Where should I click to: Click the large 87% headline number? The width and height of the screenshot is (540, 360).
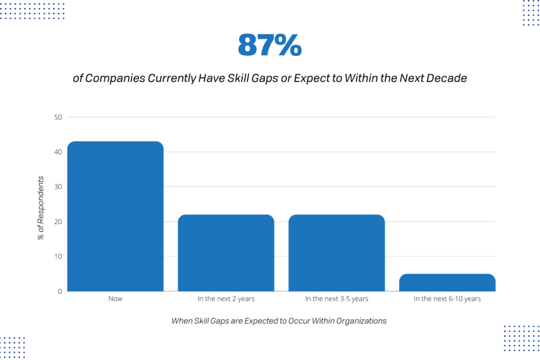click(x=269, y=45)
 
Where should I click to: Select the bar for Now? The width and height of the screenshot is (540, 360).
click(x=115, y=216)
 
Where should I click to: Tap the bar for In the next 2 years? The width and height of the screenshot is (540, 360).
click(x=226, y=253)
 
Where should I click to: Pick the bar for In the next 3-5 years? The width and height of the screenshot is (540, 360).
click(x=336, y=253)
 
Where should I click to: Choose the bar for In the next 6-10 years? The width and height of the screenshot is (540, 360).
click(x=447, y=283)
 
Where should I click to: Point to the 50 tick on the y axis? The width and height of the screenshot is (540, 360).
click(x=58, y=117)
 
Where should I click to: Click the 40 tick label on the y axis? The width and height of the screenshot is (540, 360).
click(x=58, y=152)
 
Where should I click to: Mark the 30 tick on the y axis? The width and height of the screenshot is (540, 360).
click(x=58, y=187)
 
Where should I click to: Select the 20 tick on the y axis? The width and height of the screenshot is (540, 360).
click(x=58, y=221)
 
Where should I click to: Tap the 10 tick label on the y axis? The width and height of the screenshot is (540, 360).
click(x=58, y=257)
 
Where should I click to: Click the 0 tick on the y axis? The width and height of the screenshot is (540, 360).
click(x=60, y=291)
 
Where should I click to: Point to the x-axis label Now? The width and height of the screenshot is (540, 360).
click(x=115, y=299)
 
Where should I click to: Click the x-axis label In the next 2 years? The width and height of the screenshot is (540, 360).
click(x=226, y=299)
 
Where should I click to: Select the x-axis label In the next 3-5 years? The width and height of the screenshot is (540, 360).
click(x=336, y=299)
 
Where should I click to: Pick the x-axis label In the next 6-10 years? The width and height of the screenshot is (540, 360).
click(x=447, y=299)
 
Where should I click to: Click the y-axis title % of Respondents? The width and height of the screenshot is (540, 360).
click(x=41, y=208)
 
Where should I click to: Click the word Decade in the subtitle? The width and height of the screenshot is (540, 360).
click(x=449, y=79)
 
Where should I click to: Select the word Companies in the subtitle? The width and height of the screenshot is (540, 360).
click(x=115, y=79)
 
